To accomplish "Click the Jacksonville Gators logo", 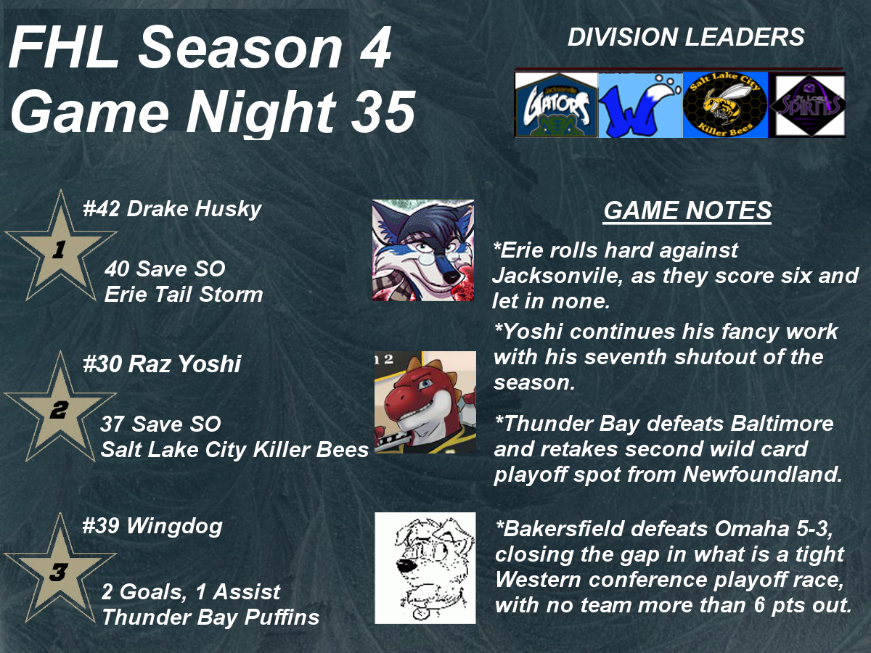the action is tap(556, 105).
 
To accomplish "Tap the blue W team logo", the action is tap(640, 105).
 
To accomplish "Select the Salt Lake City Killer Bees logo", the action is tap(725, 105).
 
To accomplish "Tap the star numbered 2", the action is tap(60, 408).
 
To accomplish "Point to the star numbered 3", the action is tap(60, 570).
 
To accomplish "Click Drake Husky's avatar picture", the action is tap(423, 250).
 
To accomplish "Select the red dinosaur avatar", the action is tap(425, 402).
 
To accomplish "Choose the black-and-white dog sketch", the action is tap(425, 568).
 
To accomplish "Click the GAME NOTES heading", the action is tap(687, 210).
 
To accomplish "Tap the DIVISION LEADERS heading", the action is tap(686, 37).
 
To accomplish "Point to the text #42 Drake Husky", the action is tap(172, 210).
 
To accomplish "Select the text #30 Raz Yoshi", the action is tap(162, 364).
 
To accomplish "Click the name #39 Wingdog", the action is tap(152, 527).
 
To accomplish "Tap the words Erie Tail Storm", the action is tap(184, 295).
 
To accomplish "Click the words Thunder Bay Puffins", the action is tap(210, 617).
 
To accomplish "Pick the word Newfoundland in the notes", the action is tap(762, 475).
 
